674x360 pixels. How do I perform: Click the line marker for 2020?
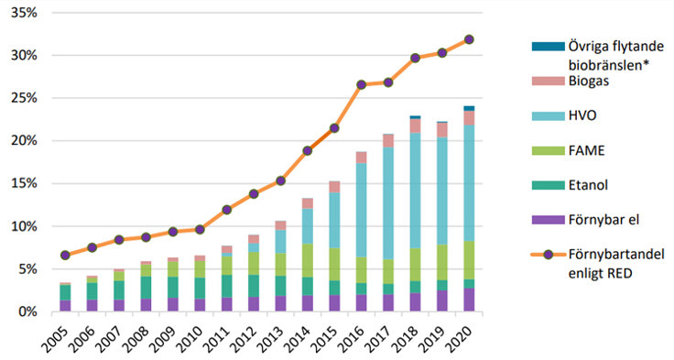470,39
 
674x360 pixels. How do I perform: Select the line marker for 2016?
362,84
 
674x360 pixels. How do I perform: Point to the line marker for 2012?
254,193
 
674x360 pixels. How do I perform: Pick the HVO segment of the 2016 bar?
362,210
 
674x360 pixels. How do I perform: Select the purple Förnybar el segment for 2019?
442,301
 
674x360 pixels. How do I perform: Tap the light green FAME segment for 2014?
308,260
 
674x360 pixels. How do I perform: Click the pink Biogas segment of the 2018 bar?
416,125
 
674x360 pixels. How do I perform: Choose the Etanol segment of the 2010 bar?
199,288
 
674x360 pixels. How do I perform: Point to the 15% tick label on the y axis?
25,183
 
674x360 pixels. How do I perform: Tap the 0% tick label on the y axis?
28,311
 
